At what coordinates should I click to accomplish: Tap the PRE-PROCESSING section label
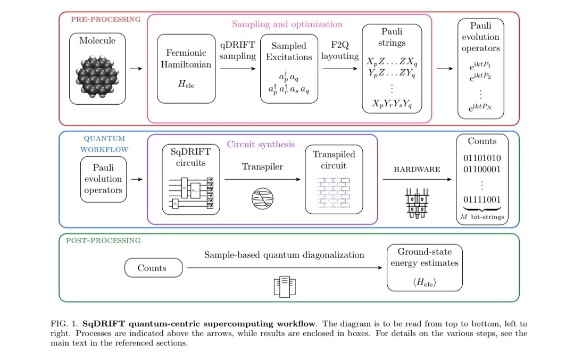[106, 19]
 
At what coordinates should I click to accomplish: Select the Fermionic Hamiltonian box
[186, 69]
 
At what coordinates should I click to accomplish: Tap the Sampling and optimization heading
[287, 24]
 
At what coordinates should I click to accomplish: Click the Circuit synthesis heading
[261, 144]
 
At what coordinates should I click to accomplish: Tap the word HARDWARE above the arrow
[417, 169]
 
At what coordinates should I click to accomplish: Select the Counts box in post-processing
[153, 267]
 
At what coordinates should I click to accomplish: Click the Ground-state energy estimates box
[424, 267]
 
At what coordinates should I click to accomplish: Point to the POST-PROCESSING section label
[103, 240]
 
